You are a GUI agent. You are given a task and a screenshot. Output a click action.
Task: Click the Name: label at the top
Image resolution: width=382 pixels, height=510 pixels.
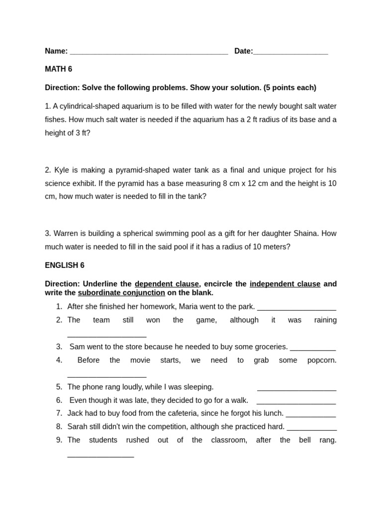[56, 51]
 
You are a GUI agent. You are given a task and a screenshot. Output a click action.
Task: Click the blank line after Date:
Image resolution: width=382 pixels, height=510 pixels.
[290, 52]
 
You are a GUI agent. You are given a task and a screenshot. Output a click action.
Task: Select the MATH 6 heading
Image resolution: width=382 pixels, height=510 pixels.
[58, 69]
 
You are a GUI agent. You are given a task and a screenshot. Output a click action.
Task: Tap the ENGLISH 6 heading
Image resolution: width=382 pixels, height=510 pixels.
[65, 265]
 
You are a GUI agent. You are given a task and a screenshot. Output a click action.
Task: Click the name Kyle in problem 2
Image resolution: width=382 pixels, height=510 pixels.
[62, 170]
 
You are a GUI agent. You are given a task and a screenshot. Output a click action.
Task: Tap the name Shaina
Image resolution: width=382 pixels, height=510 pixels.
[306, 233]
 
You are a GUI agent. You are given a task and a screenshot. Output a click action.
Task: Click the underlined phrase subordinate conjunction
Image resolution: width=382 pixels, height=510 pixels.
[121, 293]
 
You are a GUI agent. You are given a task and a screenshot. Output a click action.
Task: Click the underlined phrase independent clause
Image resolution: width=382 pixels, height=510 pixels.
[285, 284]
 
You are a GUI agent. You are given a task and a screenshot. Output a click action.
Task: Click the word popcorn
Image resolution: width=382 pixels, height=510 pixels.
[322, 360]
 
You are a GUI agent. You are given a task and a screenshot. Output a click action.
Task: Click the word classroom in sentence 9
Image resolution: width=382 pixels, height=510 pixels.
[229, 440]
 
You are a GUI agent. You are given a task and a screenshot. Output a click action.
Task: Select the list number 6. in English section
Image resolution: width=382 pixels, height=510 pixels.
[59, 400]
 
